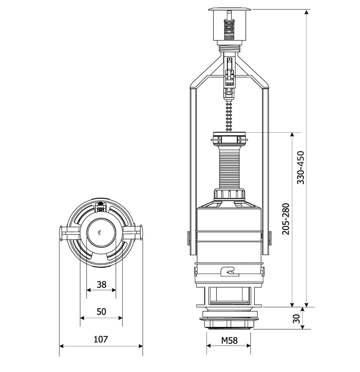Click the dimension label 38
pos(102,284)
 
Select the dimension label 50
pos(101,311)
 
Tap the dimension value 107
pos(101,339)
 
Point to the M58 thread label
pos(229,340)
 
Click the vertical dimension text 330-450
pos(301,168)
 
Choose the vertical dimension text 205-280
pos(286,219)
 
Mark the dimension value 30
pos(297,318)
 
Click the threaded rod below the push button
pos(229,48)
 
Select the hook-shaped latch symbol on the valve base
pos(229,272)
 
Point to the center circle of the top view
pos(101,233)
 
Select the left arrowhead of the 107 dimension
pos(62,346)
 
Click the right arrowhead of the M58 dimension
pos(248,346)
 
